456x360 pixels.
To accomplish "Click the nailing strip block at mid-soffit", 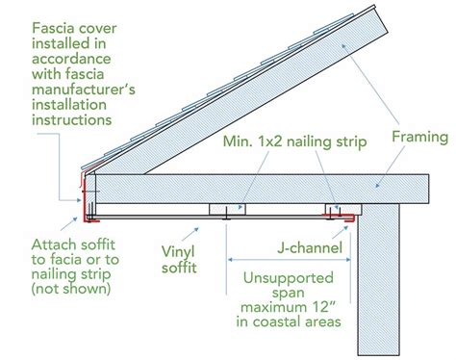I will click(x=225, y=209).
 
